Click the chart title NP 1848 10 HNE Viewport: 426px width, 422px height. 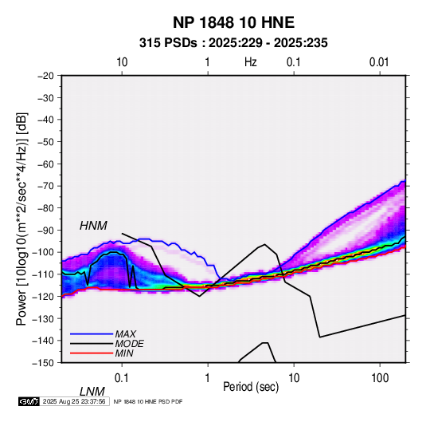pyautogui.click(x=233, y=22)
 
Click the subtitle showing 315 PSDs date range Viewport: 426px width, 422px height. pyautogui.click(x=233, y=43)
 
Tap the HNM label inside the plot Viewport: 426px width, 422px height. pyautogui.click(x=93, y=226)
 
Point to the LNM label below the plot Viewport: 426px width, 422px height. pyautogui.click(x=92, y=392)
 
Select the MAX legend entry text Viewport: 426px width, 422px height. pyautogui.click(x=125, y=334)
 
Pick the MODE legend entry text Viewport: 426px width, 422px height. pyautogui.click(x=129, y=344)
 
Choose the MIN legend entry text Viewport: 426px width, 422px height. pyautogui.click(x=124, y=353)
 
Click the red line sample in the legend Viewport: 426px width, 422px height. pyautogui.click(x=92, y=353)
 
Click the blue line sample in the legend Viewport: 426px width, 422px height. pyautogui.click(x=92, y=334)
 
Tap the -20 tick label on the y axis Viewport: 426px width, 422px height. pyautogui.click(x=45, y=76)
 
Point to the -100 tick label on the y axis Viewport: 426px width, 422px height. pyautogui.click(x=44, y=252)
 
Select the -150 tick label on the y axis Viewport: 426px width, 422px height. pyautogui.click(x=44, y=363)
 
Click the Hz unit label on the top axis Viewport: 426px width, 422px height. pyautogui.click(x=251, y=62)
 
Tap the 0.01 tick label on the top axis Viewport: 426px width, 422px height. pyautogui.click(x=379, y=62)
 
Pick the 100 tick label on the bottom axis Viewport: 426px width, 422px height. pyautogui.click(x=380, y=378)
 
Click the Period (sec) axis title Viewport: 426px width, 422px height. pyautogui.click(x=251, y=387)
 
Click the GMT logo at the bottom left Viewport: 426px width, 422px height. pyautogui.click(x=29, y=401)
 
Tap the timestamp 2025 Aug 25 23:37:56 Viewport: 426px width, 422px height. pyautogui.click(x=74, y=401)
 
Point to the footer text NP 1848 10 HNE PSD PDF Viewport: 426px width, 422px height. pyautogui.click(x=148, y=402)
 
